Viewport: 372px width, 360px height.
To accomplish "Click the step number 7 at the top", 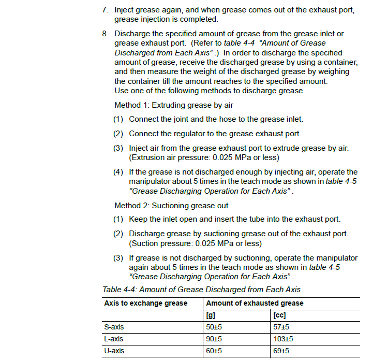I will [104, 10].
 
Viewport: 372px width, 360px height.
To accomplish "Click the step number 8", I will [104, 34].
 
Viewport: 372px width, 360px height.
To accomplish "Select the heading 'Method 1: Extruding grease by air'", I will [174, 105].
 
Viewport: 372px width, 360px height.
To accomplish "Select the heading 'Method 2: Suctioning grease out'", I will [171, 206].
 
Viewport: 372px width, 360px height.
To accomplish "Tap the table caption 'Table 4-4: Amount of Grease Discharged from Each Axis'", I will [201, 290].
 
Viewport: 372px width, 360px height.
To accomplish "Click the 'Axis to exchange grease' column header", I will [145, 303].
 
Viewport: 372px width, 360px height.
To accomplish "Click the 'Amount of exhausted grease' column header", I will [255, 303].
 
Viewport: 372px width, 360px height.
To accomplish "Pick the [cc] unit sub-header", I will [279, 315].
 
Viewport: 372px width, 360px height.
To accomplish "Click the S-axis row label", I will [114, 327].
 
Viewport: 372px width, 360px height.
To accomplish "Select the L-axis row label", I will [114, 339].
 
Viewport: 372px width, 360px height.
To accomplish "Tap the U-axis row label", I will [114, 351].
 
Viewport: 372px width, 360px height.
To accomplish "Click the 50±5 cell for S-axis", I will [214, 327].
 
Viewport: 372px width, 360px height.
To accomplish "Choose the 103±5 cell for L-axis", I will [283, 339].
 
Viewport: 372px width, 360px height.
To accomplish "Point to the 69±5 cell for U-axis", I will [281, 351].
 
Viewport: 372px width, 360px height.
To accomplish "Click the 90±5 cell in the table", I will [214, 339].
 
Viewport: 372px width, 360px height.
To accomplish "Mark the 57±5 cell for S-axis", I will [281, 327].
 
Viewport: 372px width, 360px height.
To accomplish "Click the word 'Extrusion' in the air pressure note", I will [148, 157].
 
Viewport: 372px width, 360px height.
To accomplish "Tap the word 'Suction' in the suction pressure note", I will [145, 243].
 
